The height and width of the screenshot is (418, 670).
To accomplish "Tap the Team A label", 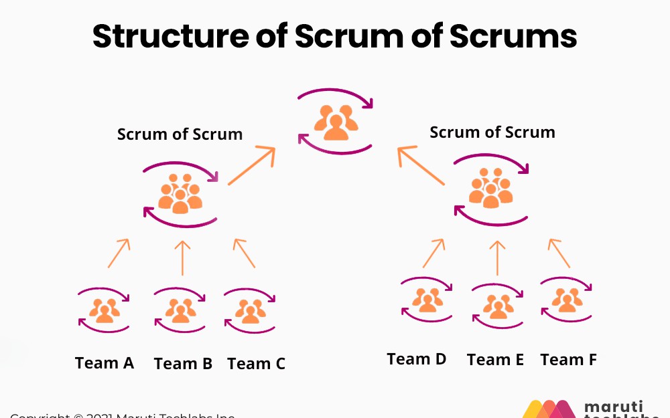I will click(105, 363).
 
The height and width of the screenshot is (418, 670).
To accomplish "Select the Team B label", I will click(183, 364).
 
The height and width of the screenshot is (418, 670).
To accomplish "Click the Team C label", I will click(256, 364).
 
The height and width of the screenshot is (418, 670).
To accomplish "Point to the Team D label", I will click(417, 359).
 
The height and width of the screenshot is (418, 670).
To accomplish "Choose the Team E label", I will click(495, 360).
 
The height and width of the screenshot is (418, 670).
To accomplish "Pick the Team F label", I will click(568, 360).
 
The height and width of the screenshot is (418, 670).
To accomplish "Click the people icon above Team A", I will click(105, 310).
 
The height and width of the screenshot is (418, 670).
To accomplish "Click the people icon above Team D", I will click(427, 300).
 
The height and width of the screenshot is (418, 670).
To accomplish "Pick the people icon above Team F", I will click(567, 300).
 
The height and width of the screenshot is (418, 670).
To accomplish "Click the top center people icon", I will click(335, 122).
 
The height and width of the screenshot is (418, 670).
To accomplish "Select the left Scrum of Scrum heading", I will click(180, 134).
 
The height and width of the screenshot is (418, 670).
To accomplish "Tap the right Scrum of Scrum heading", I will click(492, 132).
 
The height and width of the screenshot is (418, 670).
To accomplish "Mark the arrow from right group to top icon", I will click(421, 167).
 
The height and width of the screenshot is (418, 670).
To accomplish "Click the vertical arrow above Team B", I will click(182, 257).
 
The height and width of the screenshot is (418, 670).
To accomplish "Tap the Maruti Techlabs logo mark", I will click(549, 409).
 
